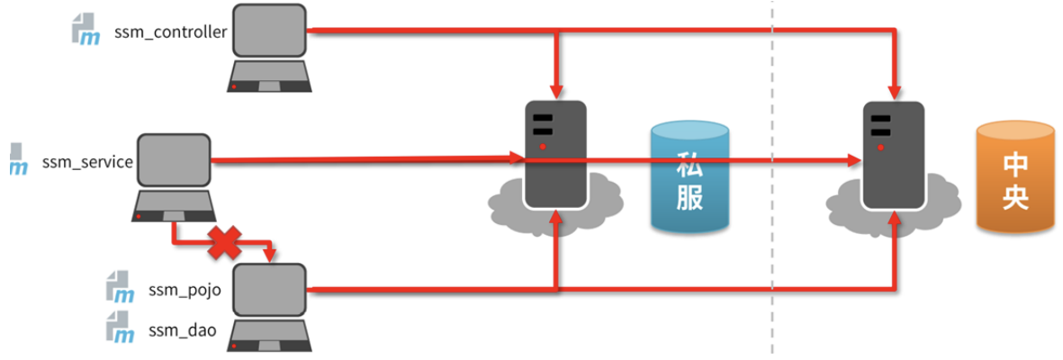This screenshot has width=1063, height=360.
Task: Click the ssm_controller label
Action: click(170, 33)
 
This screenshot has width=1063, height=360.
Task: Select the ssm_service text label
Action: click(87, 163)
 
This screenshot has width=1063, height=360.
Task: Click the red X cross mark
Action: click(226, 240)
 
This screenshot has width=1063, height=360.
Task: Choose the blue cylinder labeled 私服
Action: click(689, 179)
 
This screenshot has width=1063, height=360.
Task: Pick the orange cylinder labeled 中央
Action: click(1014, 181)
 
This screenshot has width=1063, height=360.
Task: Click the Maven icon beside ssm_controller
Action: click(87, 30)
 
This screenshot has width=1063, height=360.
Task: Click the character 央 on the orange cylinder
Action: click(1014, 198)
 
